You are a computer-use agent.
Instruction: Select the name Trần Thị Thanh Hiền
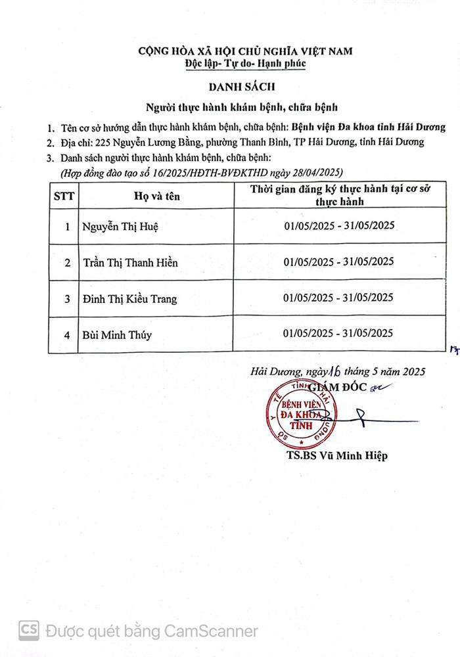pyautogui.click(x=130, y=263)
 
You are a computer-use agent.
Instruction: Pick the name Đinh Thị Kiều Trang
pyautogui.click(x=129, y=299)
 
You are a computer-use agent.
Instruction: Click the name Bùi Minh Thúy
pyautogui.click(x=117, y=335)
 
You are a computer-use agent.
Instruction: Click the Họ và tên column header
pyautogui.click(x=156, y=195)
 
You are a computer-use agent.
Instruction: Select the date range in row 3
pyautogui.click(x=338, y=298)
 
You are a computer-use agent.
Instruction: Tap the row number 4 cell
pyautogui.click(x=66, y=335)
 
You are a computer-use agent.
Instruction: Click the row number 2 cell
pyautogui.click(x=66, y=263)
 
